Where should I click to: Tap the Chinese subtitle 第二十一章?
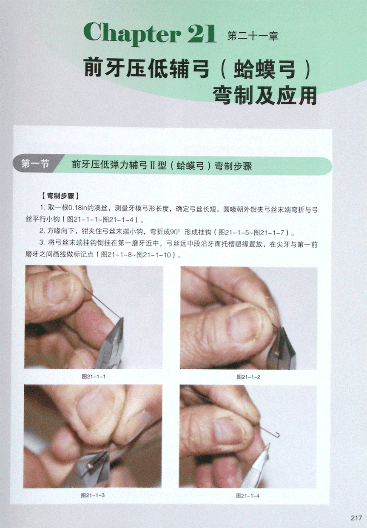click(253, 36)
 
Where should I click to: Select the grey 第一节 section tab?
click(35, 164)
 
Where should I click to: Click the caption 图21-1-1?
click(94, 376)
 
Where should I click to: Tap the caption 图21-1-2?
click(248, 377)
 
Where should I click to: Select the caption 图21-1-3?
click(93, 495)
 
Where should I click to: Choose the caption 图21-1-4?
click(248, 496)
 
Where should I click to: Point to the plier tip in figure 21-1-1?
click(123, 319)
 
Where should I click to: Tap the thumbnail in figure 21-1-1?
click(59, 289)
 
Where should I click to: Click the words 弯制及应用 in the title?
click(265, 96)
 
